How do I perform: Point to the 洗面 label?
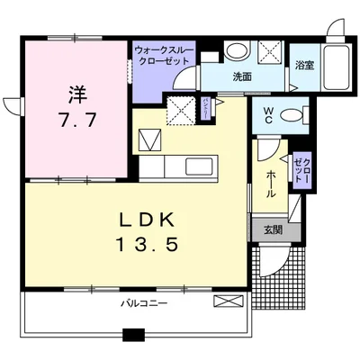point(242,76)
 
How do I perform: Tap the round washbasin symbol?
point(237,50)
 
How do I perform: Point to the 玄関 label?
point(270,229)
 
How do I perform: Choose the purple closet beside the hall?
point(300,170)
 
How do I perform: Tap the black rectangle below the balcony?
point(134,336)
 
